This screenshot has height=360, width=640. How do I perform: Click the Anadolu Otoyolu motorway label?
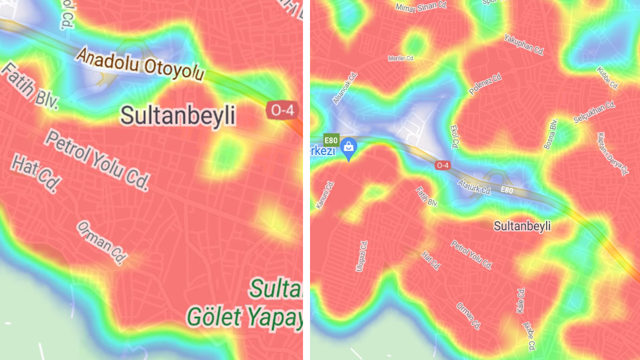(140, 64)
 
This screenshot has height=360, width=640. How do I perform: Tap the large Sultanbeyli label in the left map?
(177, 116)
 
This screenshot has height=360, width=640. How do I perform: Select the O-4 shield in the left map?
(282, 110)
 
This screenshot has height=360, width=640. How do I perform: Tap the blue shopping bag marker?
(348, 147)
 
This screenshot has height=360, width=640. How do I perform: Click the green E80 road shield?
(331, 140)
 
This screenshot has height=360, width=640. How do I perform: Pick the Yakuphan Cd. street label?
(523, 44)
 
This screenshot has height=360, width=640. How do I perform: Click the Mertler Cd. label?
(401, 58)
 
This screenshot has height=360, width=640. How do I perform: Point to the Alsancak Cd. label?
(345, 88)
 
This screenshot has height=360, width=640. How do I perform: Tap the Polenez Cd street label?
(485, 84)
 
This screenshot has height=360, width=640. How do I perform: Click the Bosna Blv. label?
(550, 133)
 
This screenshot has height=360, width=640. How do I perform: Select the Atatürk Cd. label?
(474, 187)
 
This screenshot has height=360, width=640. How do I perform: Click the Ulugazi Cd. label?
(361, 255)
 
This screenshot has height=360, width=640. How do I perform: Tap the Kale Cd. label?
(520, 300)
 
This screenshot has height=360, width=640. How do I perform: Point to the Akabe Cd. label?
(529, 336)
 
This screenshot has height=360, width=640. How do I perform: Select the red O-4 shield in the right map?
(442, 165)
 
